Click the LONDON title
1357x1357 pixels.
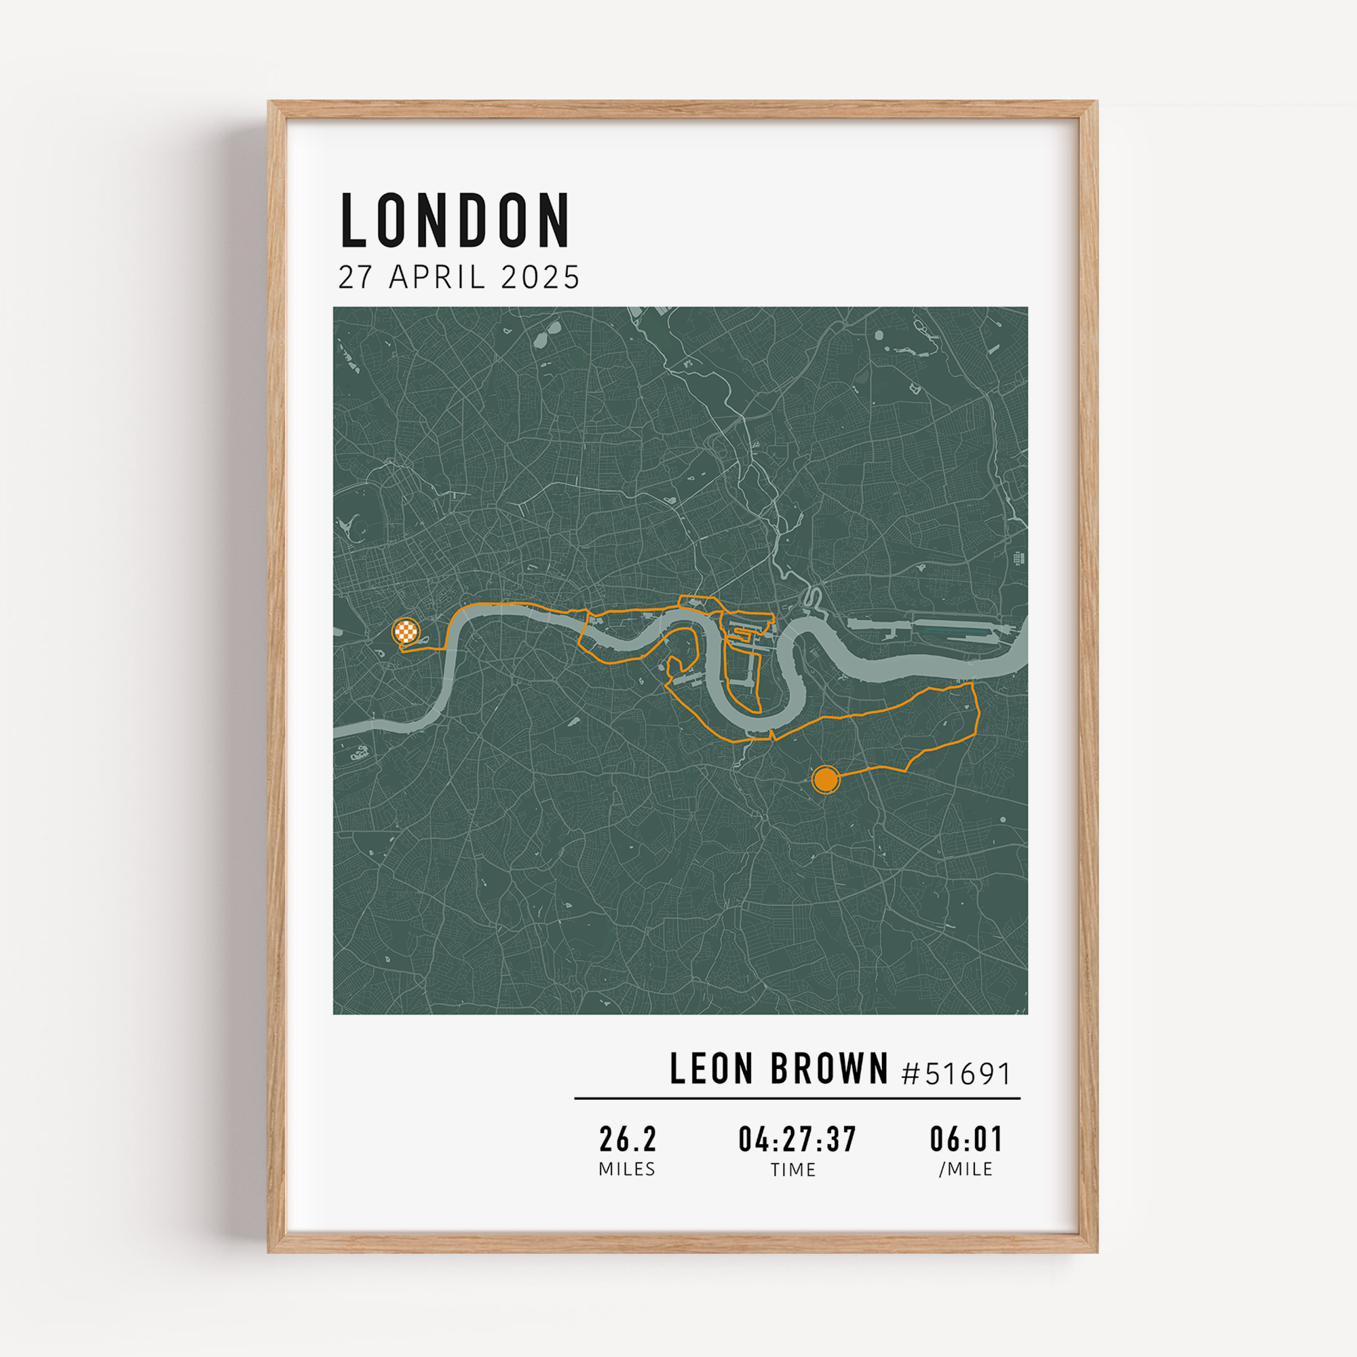[x=455, y=221]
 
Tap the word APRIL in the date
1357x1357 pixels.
[x=436, y=278]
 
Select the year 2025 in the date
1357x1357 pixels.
[x=540, y=278]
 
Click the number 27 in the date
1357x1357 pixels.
[x=355, y=278]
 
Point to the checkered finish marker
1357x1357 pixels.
[x=406, y=631]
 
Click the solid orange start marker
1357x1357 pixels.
[x=825, y=780]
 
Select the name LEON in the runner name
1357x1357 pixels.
[x=712, y=1069]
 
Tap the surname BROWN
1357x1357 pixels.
[x=830, y=1069]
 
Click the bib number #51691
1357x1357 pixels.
[x=956, y=1073]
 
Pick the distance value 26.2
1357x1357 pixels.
[x=628, y=1139]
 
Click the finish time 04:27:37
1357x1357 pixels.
[x=797, y=1139]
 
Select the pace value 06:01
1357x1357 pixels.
[x=966, y=1139]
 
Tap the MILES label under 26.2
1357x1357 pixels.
[x=627, y=1170]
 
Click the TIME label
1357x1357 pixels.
[x=794, y=1170]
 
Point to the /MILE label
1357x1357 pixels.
[x=966, y=1170]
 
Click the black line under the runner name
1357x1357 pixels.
[x=797, y=1098]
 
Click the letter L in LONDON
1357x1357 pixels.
[x=354, y=221]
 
